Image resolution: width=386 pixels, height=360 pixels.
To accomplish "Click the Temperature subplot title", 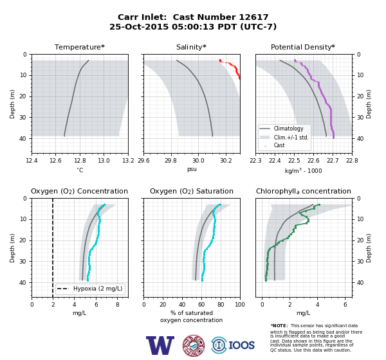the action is pos(80,47).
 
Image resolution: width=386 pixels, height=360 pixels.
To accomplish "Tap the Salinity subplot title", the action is pos(191,47).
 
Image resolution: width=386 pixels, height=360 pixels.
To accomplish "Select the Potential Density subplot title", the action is pos(303,47).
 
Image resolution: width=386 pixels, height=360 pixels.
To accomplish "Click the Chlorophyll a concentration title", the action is pos(304,191).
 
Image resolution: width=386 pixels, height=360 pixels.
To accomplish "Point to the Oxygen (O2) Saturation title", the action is pos(192,191).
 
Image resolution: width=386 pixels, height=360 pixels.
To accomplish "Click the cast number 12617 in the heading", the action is pos(253,17).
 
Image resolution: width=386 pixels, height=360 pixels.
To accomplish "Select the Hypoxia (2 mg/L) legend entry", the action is pos(90,289).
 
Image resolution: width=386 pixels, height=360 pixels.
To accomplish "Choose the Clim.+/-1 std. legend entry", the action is pos(284,138).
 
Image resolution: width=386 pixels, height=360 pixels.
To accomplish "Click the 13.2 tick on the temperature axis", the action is pos(128,161).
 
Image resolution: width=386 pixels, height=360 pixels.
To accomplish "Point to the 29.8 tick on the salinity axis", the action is pos(170,161).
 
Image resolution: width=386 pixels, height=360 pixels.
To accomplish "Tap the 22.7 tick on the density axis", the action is pos(333,161).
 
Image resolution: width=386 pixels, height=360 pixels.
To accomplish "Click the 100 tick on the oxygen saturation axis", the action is pos(240,305).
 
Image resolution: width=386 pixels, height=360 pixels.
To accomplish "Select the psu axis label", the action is pos(192,169).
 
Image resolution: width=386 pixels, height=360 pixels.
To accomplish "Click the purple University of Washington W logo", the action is pos(160,345).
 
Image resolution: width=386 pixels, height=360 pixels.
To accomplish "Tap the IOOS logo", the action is pos(233,345).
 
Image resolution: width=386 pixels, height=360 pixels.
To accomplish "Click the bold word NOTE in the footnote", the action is pos(279,326).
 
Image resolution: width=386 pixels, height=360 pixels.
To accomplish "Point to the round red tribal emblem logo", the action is pos(194,345).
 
